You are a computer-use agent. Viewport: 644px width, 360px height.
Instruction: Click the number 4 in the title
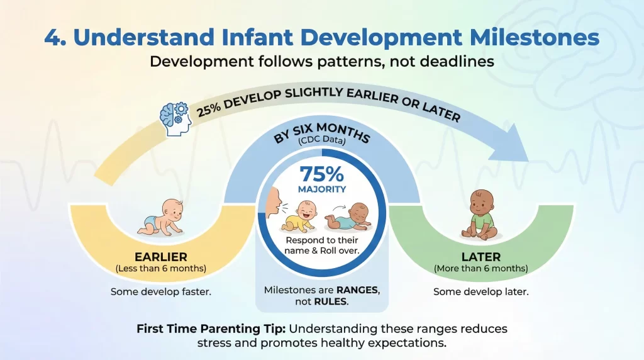pyautogui.click(x=53, y=37)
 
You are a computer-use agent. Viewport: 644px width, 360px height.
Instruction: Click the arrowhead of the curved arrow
pyautogui.click(x=515, y=142)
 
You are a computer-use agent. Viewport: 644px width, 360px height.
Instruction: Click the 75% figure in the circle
pyautogui.click(x=321, y=174)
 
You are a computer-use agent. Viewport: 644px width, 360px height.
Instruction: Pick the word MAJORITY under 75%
pyautogui.click(x=321, y=189)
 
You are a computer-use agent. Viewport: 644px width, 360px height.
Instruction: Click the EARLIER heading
pyautogui.click(x=160, y=257)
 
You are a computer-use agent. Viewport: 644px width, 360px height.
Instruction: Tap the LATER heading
pyautogui.click(x=480, y=257)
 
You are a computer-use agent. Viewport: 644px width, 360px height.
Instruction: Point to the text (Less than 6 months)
pyautogui.click(x=160, y=269)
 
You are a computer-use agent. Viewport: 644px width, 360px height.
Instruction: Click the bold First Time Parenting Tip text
pyautogui.click(x=211, y=329)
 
